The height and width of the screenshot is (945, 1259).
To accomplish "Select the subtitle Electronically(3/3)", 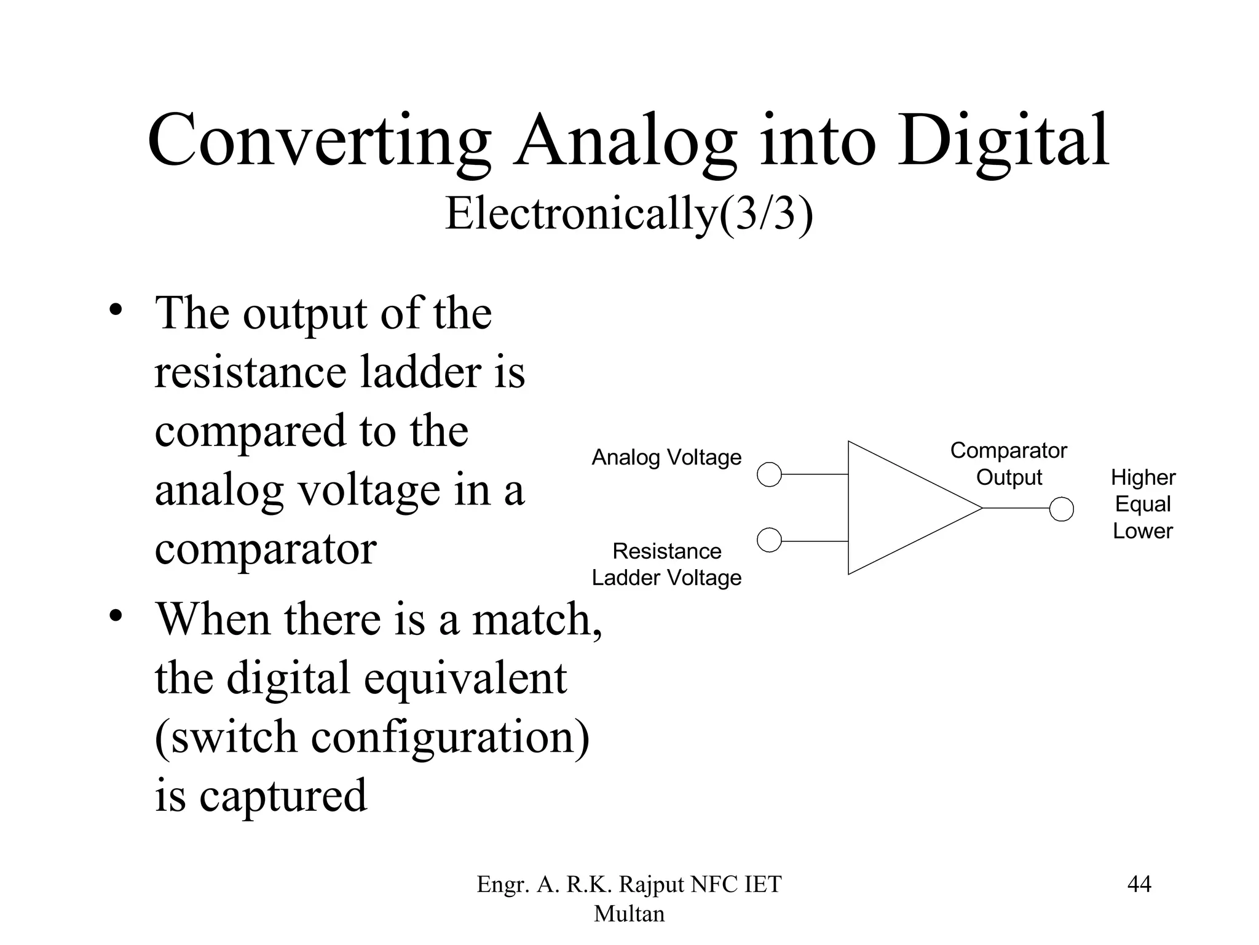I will (629, 213).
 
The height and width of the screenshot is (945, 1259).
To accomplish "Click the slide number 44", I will (1139, 884).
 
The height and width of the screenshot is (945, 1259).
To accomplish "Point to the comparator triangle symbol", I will (904, 508).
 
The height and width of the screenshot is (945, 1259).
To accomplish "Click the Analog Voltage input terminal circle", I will (769, 474).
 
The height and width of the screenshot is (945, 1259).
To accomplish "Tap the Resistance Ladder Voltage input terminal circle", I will (769, 540).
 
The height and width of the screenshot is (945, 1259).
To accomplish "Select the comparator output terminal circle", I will (1061, 509).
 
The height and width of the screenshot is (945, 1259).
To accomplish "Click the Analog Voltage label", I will (666, 458).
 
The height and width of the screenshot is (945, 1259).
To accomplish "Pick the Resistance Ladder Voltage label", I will (666, 564).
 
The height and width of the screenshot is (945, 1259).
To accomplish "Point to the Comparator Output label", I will (1009, 464).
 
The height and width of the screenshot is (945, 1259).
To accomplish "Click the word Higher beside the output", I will (1143, 477).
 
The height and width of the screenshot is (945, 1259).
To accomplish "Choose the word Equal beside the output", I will (1143, 504).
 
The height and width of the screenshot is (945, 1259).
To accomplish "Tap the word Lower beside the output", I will (1143, 531).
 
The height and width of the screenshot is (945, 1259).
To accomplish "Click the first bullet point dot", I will (115, 309).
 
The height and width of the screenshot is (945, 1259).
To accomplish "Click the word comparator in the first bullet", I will (265, 549).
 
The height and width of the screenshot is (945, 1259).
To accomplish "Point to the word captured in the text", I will (283, 796).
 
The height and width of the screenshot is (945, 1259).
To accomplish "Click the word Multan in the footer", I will (629, 914).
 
